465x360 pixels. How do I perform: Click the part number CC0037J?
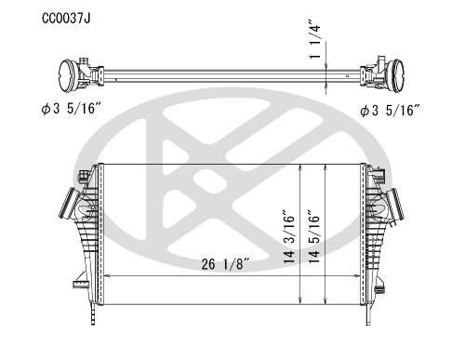tap(66, 19)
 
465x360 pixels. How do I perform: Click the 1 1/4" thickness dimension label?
tap(314, 39)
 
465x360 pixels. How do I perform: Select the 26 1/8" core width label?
tap(225, 264)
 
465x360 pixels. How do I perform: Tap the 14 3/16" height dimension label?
tap(288, 237)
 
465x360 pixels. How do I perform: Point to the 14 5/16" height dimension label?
tap(313, 237)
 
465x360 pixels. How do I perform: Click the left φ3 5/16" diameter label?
tap(72, 108)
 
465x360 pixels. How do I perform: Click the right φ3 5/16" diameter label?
tap(390, 110)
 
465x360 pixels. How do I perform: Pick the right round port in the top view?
tap(397, 75)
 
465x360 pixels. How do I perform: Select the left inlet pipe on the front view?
tap(68, 203)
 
